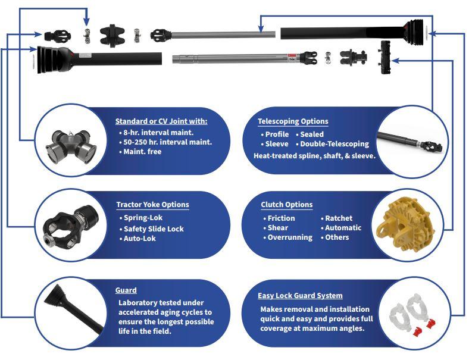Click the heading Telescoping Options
pos(293,121)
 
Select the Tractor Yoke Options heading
pos(152,205)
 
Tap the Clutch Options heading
pos(286,205)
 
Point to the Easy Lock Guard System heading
pos(300,295)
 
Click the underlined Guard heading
pos(126,290)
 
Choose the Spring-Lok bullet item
pos(141,218)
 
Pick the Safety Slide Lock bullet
pos(151,228)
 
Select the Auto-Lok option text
pos(137,238)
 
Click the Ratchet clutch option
pos(336,218)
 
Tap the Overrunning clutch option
pos(287,237)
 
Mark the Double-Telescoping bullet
pos(332,144)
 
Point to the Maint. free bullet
pos(140,152)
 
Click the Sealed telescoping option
pos(309,134)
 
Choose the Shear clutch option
pos(276,227)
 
